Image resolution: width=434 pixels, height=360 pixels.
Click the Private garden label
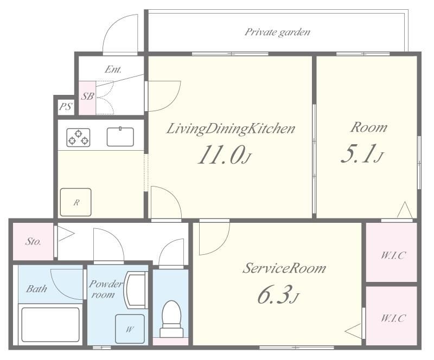click(277, 32)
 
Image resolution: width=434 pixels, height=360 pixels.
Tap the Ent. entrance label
click(113, 69)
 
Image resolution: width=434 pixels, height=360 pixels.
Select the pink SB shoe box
click(87, 98)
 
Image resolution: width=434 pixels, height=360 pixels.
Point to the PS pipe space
click(66, 106)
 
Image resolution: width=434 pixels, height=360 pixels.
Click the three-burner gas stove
click(78, 138)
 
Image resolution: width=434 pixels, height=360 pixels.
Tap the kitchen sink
click(120, 137)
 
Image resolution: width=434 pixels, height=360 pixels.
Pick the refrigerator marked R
click(76, 202)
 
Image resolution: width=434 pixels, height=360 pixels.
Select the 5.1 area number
click(361, 153)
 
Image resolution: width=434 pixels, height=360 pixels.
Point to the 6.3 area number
click(278, 295)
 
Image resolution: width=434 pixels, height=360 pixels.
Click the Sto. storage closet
click(33, 241)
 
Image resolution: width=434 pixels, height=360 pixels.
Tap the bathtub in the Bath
click(50, 325)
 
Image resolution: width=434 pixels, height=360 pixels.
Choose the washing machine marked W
click(130, 329)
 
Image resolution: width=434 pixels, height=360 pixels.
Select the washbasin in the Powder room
click(136, 290)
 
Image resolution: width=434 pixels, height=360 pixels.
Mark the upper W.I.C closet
click(391, 252)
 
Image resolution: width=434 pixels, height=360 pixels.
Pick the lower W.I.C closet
click(391, 316)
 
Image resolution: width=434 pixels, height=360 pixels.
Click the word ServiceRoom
click(284, 268)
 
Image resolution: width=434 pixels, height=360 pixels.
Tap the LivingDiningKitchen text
click(231, 129)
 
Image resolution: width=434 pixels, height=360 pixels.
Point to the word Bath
click(36, 289)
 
